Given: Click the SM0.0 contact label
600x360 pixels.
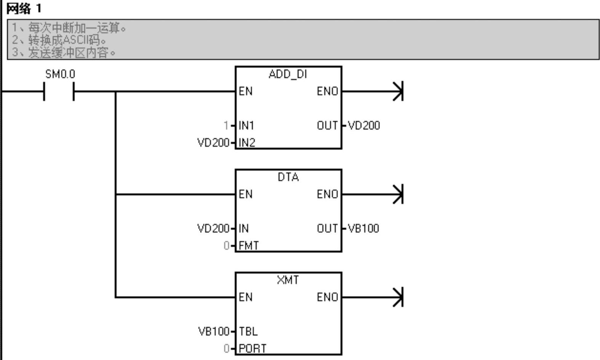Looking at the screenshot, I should click(x=60, y=74).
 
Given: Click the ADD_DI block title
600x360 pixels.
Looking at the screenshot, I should click(x=288, y=74).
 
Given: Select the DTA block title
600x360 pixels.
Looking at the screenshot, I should click(x=288, y=177).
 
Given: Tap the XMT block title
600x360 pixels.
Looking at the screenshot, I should click(x=288, y=280).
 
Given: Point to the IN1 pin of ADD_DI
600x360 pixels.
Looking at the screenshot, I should click(x=246, y=125).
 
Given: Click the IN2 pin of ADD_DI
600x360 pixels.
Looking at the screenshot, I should click(x=247, y=142).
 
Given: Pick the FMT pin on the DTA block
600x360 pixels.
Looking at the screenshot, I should click(x=248, y=246).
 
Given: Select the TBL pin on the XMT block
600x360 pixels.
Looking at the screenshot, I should click(x=248, y=331).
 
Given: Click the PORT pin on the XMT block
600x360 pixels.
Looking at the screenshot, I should click(x=252, y=348).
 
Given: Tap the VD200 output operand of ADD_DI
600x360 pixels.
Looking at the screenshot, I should click(x=364, y=125).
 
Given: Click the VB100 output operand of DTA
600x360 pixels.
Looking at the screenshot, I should click(x=363, y=228).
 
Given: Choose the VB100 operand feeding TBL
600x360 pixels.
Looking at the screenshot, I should click(x=214, y=331).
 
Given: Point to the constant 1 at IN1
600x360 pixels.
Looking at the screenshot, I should click(x=226, y=125).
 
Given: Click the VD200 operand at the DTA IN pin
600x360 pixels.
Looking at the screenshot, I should click(x=213, y=228).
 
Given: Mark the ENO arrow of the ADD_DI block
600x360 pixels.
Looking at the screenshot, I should click(x=398, y=91).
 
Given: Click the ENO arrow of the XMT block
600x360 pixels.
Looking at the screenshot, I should click(x=398, y=297).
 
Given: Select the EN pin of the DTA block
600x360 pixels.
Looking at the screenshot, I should click(x=245, y=194).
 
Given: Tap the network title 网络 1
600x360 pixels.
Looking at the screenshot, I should click(x=24, y=8).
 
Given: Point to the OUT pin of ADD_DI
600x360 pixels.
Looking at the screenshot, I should click(x=327, y=125).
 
